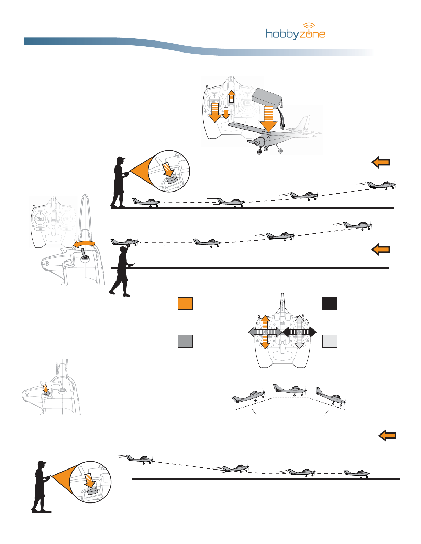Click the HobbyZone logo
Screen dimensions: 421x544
pos(296,31)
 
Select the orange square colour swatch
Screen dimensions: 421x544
pos(186,303)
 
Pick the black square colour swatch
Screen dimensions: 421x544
pos(330,303)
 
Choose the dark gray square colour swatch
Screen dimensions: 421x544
pos(186,341)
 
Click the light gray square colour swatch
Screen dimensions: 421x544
pos(330,341)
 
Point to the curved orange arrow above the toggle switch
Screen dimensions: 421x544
pos(84,244)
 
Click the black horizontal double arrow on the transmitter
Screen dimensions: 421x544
pos(299,332)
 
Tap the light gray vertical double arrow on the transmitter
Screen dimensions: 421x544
pos(299,332)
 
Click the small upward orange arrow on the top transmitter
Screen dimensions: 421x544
pos(231,96)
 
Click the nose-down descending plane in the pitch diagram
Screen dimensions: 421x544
pos(331,397)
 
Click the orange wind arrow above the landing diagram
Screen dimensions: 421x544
pos(387,436)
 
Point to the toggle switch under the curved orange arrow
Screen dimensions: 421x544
pos(84,254)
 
